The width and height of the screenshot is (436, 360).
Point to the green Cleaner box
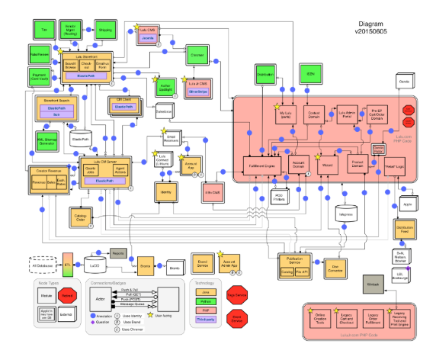[196, 56]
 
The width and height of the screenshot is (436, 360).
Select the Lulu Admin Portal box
[348, 115]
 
